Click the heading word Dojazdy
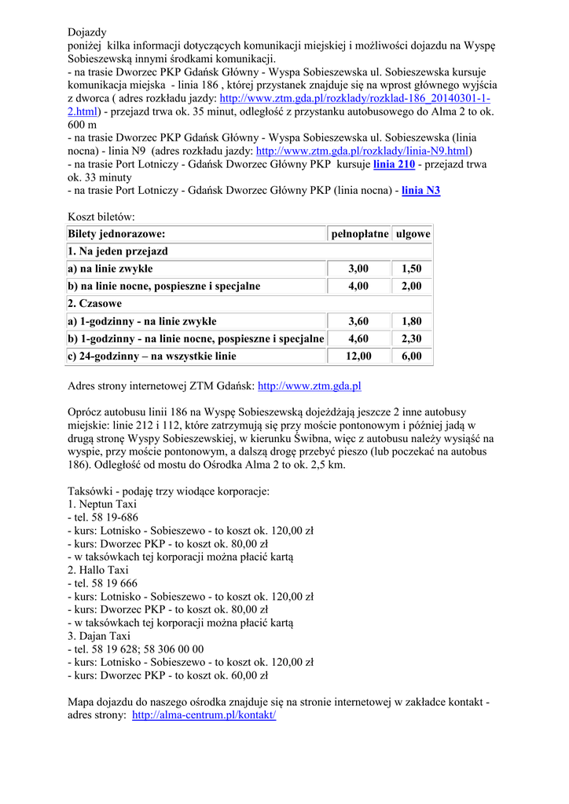point(87,32)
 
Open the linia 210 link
point(394,164)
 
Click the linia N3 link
point(420,190)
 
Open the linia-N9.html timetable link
point(362,151)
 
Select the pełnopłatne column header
point(358,234)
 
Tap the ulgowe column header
point(413,234)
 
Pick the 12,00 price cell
point(358,356)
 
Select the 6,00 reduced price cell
point(412,356)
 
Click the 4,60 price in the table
point(358,338)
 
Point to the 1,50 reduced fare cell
point(412,269)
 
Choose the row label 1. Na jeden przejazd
point(118,251)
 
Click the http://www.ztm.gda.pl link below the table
point(309,386)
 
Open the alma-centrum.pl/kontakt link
point(204,716)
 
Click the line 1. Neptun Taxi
point(102,504)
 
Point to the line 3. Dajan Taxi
point(99,636)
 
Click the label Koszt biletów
point(101,216)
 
